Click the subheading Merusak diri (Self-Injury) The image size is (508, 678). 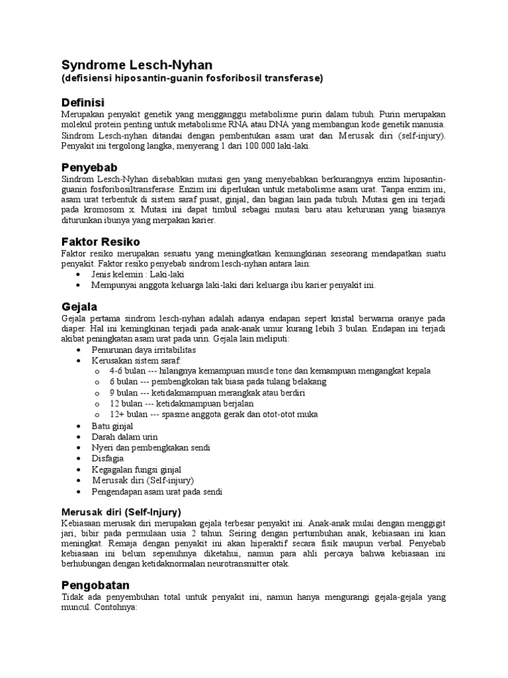(121, 512)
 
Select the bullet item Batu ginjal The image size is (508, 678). (112, 426)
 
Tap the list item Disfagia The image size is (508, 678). (108, 458)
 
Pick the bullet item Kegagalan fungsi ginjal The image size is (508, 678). (136, 469)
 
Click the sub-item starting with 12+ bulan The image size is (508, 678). (214, 414)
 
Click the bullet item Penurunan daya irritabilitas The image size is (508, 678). (144, 350)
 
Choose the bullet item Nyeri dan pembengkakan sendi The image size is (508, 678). (151, 448)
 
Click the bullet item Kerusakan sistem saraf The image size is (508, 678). (132, 360)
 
